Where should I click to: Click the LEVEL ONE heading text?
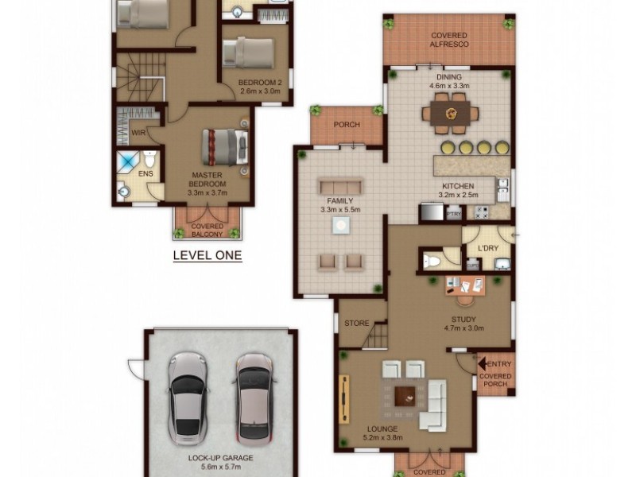coord(207,256)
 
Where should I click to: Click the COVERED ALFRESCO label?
coord(448,40)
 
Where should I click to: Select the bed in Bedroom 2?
coord(248,52)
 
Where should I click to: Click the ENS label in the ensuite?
coord(145,173)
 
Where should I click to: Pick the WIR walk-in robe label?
coord(137,133)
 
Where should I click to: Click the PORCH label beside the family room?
coord(347,125)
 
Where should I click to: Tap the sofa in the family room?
coord(341,187)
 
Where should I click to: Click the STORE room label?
coord(357,324)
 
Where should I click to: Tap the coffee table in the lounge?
coord(406,394)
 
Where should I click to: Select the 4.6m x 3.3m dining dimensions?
coord(449,85)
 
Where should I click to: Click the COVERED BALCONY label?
coord(207,231)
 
